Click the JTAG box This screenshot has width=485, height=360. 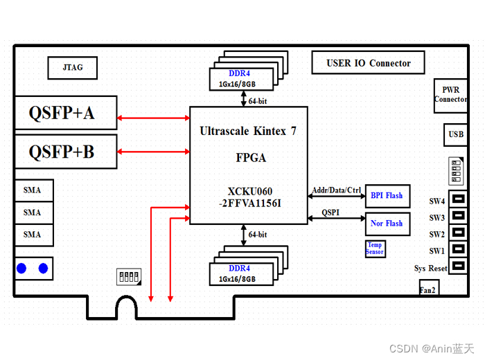click(72, 68)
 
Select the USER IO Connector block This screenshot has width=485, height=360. click(368, 63)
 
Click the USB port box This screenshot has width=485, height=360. click(456, 134)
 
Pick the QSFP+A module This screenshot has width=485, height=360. click(64, 113)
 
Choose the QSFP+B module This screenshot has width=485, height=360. click(64, 151)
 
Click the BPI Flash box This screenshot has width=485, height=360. click(387, 196)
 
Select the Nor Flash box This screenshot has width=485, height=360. click(387, 224)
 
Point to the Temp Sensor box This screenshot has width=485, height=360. click(375, 249)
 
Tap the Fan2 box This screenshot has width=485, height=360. click(427, 290)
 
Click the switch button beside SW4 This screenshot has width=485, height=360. click(458, 201)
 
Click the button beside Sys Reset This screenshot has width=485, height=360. click(458, 268)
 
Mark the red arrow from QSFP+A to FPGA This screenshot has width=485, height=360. click(154, 118)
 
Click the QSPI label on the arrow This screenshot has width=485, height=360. click(330, 213)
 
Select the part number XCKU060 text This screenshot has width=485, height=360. click(249, 191)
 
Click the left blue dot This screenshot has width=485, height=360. click(22, 269)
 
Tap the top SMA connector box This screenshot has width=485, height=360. click(33, 190)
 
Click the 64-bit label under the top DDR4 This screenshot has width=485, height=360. click(258, 101)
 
